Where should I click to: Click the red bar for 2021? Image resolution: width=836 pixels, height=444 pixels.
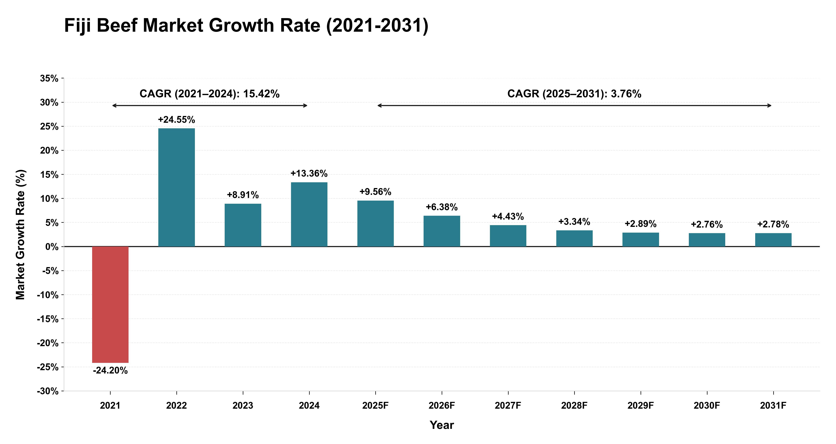point(110,304)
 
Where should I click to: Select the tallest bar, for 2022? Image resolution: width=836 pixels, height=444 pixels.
point(177,188)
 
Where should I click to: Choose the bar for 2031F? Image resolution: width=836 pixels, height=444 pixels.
point(773,240)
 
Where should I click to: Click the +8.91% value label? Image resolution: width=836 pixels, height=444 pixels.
point(243,195)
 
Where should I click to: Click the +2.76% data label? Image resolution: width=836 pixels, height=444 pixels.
point(707,225)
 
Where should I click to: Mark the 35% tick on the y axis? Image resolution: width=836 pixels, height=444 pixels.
point(49,79)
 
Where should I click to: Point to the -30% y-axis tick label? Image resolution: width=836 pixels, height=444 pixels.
point(48,391)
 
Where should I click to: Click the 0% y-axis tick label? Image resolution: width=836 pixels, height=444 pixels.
point(52,247)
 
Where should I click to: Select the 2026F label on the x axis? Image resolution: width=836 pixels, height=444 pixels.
point(442,406)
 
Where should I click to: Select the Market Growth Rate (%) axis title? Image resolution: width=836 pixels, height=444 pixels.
point(20,234)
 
